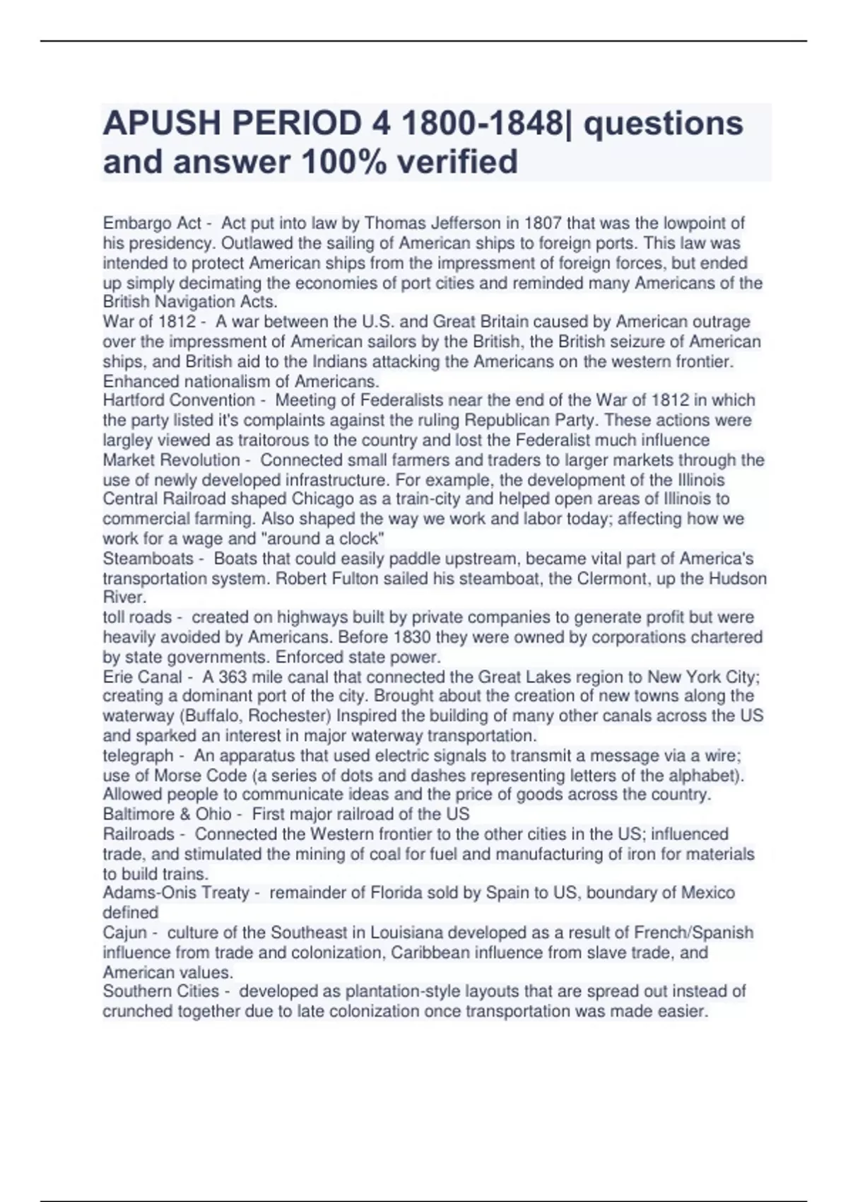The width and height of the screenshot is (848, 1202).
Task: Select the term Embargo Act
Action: (x=152, y=223)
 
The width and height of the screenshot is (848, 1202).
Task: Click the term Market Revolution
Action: (x=172, y=460)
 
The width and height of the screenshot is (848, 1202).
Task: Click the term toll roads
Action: (x=137, y=617)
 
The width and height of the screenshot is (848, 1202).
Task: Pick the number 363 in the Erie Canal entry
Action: (x=234, y=677)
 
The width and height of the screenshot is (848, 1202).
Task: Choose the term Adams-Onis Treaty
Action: (x=176, y=893)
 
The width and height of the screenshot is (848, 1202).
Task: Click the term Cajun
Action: (x=124, y=933)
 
